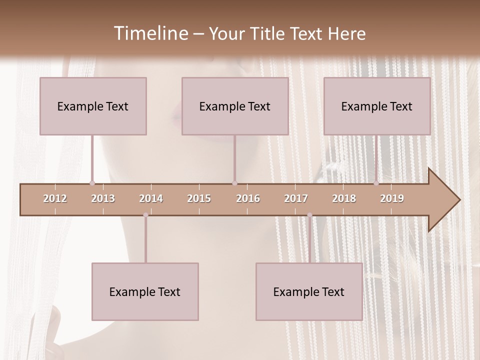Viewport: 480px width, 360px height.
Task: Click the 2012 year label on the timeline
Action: tap(55, 199)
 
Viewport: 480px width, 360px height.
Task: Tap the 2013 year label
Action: tap(103, 199)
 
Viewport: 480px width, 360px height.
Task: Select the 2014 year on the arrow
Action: tap(151, 199)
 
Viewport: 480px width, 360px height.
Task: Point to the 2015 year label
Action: tap(199, 199)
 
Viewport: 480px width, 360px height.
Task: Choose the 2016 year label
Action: tap(248, 199)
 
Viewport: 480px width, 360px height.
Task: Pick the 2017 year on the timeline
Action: tap(296, 199)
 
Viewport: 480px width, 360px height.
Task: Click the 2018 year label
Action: tap(344, 199)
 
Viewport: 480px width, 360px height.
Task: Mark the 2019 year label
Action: tap(392, 199)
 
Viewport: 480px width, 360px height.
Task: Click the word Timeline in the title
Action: tap(150, 33)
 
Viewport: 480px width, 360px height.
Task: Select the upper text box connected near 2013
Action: tap(93, 106)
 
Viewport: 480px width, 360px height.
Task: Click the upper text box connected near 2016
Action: tap(235, 106)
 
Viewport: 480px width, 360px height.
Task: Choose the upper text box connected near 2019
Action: tap(377, 106)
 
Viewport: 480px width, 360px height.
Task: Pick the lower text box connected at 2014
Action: tap(145, 291)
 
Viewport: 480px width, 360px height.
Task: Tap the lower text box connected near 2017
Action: tap(309, 291)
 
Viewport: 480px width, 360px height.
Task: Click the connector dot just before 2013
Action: tap(92, 183)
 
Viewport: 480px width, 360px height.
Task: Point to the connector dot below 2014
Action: tap(145, 215)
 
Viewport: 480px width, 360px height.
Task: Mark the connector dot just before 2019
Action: tap(376, 183)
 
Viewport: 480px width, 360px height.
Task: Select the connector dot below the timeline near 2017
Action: tap(309, 215)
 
